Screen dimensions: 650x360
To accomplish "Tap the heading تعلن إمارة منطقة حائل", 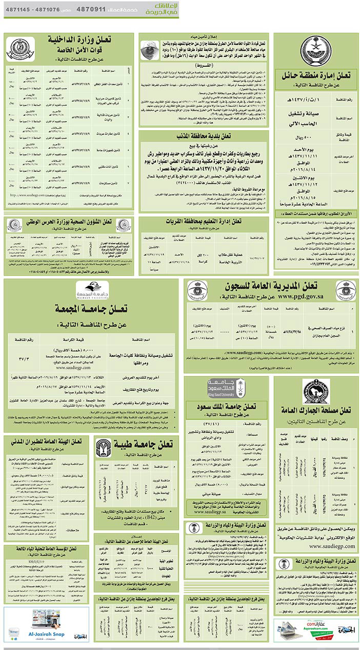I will tap(315, 75).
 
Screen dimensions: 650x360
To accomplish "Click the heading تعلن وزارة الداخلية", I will tap(87, 40).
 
